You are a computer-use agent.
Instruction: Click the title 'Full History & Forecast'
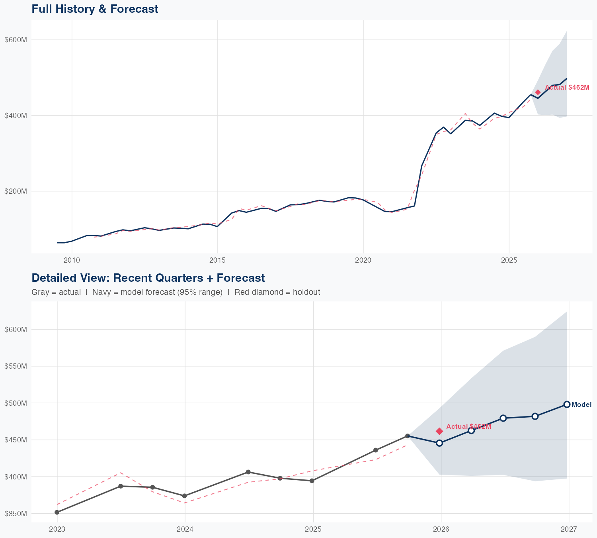pos(95,9)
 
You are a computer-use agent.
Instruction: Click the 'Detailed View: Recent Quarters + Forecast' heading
pos(148,278)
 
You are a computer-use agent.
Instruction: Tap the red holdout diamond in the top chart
pos(538,92)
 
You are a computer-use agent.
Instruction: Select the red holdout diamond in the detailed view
pos(439,431)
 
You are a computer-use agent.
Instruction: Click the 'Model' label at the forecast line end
pos(581,405)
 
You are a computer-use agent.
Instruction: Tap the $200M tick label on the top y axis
pos(16,191)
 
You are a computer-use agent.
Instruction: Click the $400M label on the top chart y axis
pos(16,116)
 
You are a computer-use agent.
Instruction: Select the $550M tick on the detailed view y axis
pos(16,366)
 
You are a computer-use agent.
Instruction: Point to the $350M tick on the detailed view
pos(16,514)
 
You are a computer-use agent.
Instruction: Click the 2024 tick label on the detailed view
pos(185,530)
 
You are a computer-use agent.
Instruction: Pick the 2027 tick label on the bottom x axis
pos(569,530)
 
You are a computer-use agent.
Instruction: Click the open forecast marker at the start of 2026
pos(439,443)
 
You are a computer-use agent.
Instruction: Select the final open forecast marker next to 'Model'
pos(567,404)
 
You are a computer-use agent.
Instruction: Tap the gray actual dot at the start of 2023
pos(57,512)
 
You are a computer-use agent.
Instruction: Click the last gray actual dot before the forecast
pos(408,436)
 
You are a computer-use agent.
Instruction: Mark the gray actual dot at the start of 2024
pos(184,496)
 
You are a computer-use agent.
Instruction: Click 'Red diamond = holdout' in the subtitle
pos(277,293)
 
